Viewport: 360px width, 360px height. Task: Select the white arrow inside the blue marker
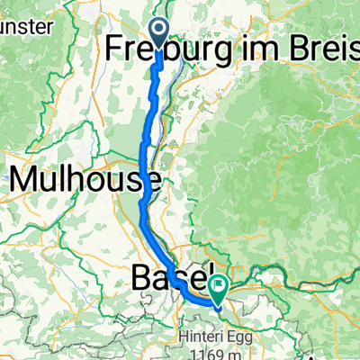pos(158,33)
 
